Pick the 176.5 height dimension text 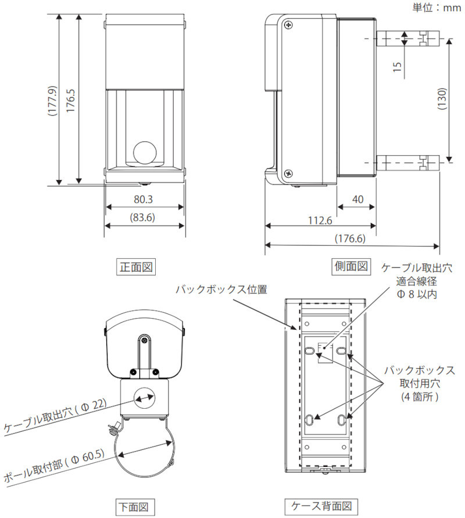tap(70, 99)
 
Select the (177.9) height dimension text tap(52, 102)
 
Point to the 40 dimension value tap(357, 199)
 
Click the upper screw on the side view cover tap(288, 24)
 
